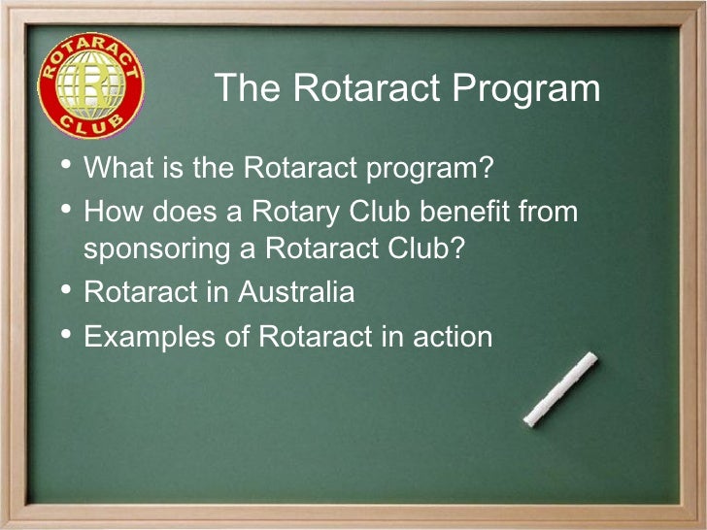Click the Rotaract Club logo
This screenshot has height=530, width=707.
pyautogui.click(x=90, y=90)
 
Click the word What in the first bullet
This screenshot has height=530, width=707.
pyautogui.click(x=115, y=168)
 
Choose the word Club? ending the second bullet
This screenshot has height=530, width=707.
pyautogui.click(x=426, y=248)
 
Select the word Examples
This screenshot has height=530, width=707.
pyautogui.click(x=145, y=337)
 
